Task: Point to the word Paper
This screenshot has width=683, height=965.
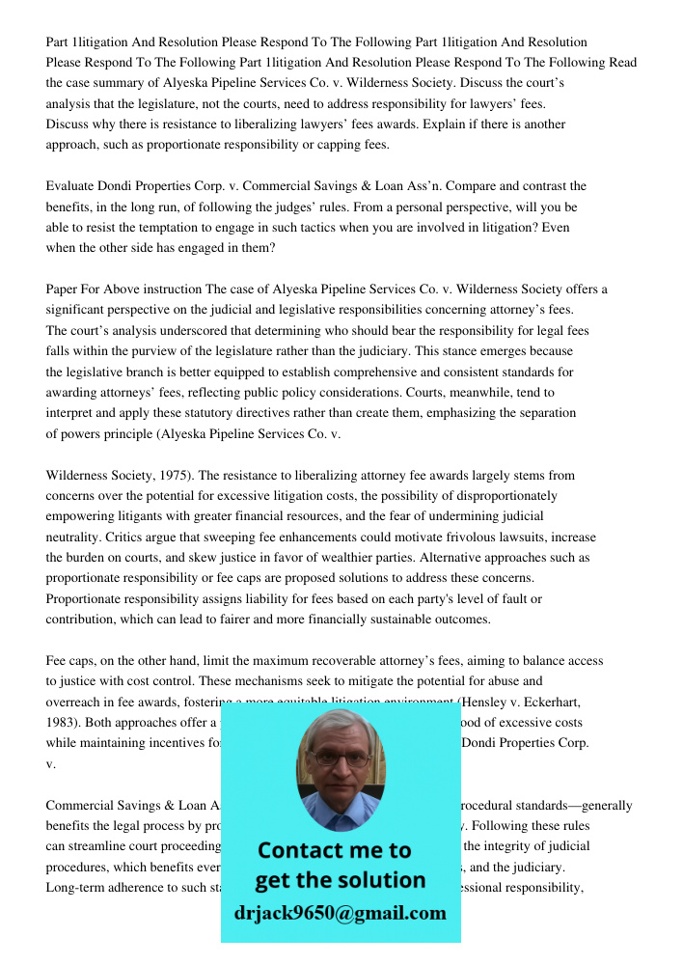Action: point(63,289)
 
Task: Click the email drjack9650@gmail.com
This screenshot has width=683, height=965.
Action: point(341,913)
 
